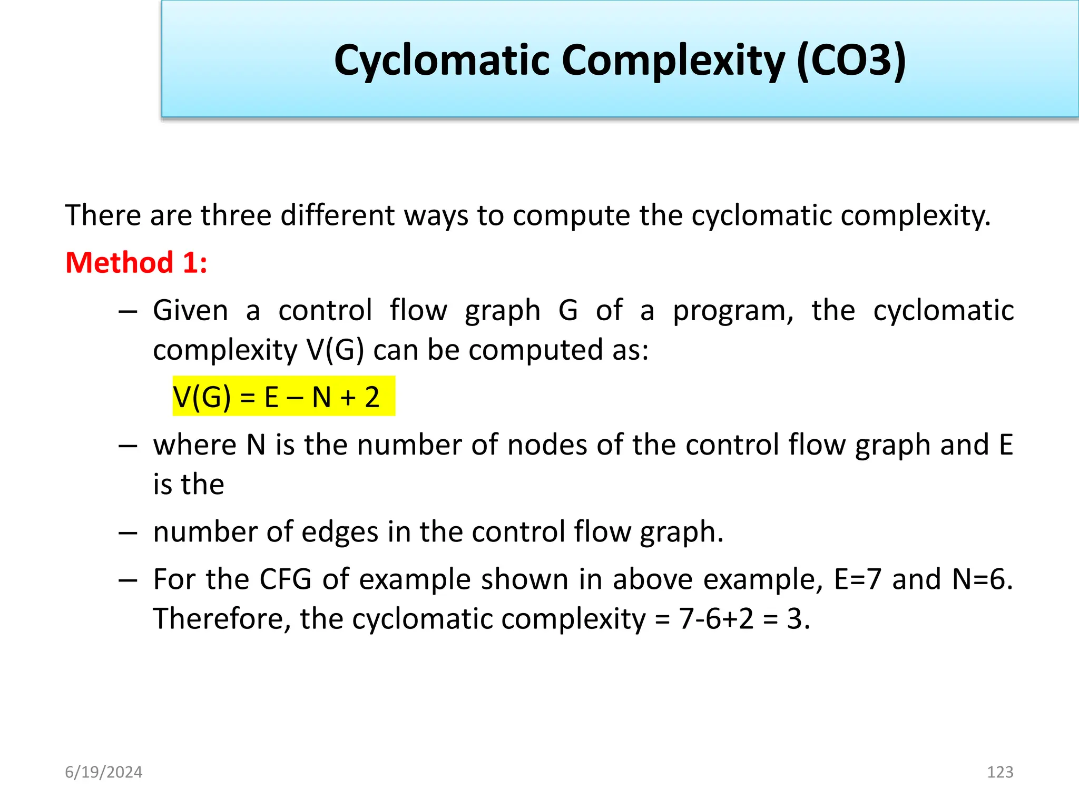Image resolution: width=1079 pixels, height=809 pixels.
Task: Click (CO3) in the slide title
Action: click(x=851, y=61)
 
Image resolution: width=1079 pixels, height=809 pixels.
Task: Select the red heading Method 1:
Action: click(x=136, y=262)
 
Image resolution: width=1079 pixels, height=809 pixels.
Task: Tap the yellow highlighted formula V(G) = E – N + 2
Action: click(x=283, y=397)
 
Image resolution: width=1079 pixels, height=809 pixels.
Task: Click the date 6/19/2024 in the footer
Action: click(x=103, y=772)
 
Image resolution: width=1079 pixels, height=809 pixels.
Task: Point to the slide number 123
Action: click(x=999, y=772)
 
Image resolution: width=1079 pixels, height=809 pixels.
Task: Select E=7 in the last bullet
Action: click(x=858, y=579)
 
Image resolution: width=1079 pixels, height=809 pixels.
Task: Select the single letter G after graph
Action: click(x=568, y=311)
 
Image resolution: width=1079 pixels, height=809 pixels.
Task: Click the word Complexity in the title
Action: click(x=674, y=61)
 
